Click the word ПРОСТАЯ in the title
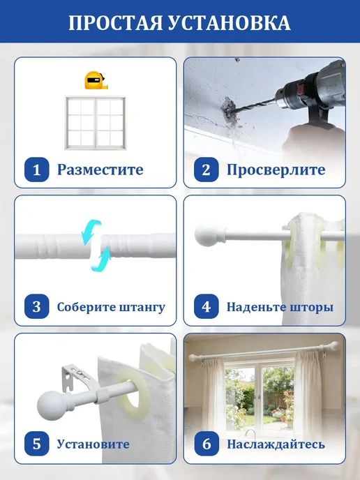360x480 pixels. point(115,22)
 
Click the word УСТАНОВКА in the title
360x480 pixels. point(230,22)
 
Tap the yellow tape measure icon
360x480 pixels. point(96,80)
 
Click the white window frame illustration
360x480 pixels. point(95,123)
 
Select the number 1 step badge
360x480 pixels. point(37,170)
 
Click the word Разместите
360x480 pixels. point(100,170)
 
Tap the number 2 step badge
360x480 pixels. point(207,170)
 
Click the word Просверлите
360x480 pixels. point(276,170)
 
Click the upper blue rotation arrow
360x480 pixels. point(91,230)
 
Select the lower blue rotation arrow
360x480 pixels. point(101,260)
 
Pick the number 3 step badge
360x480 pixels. point(37,306)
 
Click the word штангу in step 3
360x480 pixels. point(142,307)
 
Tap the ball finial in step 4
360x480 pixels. point(205,235)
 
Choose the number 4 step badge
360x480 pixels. point(207,306)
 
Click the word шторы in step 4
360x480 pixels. point(312,307)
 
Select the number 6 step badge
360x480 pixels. point(207,444)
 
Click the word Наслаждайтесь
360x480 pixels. point(276,444)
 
